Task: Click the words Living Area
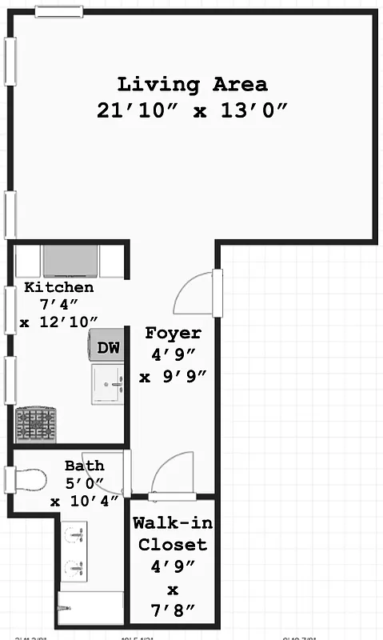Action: click(x=192, y=84)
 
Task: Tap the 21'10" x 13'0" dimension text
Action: click(x=192, y=111)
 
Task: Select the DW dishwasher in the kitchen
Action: click(x=107, y=348)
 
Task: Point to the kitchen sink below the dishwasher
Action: click(x=107, y=384)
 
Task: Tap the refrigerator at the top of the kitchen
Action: click(x=70, y=262)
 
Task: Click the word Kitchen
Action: click(x=58, y=287)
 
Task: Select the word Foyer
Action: click(x=173, y=333)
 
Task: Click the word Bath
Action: click(x=84, y=466)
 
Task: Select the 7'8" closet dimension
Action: click(x=173, y=612)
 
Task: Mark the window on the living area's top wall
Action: click(x=58, y=11)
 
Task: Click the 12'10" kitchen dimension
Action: click(x=59, y=321)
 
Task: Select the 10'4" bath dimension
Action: click(x=84, y=501)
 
